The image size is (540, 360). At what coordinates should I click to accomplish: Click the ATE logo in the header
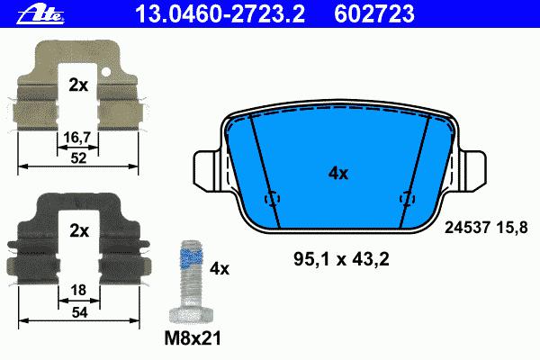[x=40, y=14]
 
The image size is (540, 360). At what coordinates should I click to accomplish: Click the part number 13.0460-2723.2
[x=220, y=14]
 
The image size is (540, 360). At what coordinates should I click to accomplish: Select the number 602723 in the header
[x=374, y=14]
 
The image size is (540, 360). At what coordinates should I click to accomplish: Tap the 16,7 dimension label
[x=77, y=138]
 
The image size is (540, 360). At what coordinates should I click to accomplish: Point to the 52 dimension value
[x=78, y=158]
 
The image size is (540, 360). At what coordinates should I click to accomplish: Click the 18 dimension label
[x=78, y=290]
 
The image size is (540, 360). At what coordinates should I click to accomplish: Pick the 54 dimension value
[x=79, y=312]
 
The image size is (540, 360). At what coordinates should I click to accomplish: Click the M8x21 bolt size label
[x=193, y=338]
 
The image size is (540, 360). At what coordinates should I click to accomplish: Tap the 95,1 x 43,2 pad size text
[x=341, y=259]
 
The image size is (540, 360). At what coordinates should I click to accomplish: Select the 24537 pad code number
[x=467, y=228]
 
